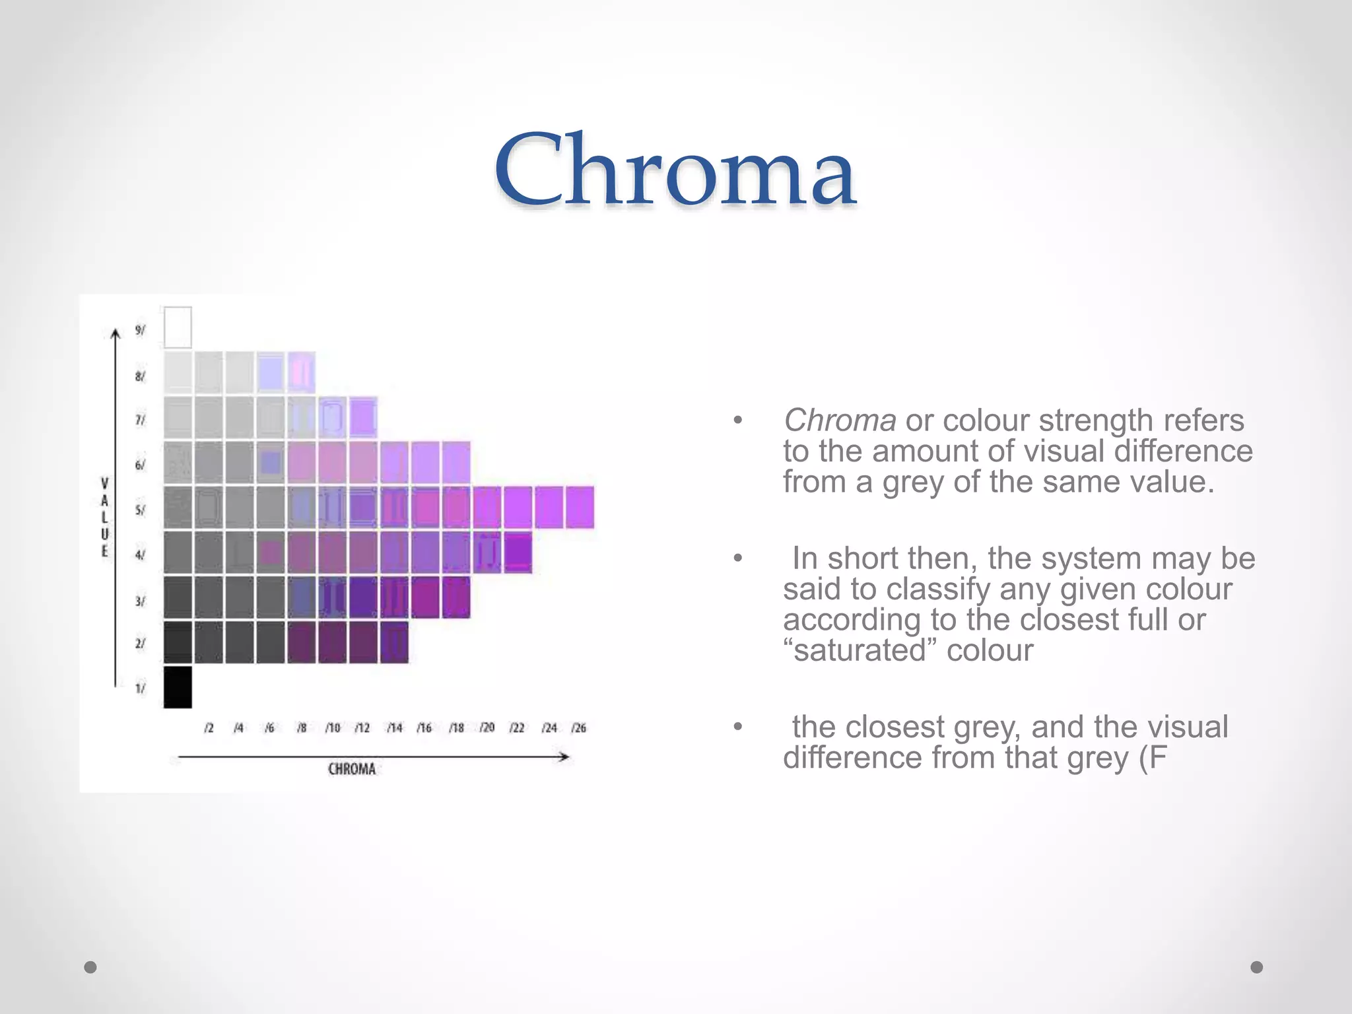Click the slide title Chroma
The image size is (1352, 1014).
[675, 170]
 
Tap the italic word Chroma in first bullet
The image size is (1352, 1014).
[839, 421]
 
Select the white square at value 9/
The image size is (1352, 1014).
[178, 327]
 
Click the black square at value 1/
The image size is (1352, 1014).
[178, 687]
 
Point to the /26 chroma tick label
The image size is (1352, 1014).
[578, 727]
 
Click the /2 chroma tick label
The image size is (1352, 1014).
[209, 727]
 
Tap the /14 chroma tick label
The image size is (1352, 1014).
[394, 727]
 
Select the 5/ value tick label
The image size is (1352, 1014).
[140, 510]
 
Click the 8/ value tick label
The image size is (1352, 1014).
[140, 376]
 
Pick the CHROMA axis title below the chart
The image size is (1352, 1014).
[352, 769]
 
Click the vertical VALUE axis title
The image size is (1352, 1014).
[104, 517]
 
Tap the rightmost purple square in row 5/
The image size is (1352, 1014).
[580, 507]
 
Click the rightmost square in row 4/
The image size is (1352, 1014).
[518, 553]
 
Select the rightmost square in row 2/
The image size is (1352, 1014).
[394, 642]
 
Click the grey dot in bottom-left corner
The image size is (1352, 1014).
[90, 967]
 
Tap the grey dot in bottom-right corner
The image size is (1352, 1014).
[1257, 967]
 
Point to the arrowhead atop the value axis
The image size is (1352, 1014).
[116, 333]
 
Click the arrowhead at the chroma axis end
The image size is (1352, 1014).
[564, 757]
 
